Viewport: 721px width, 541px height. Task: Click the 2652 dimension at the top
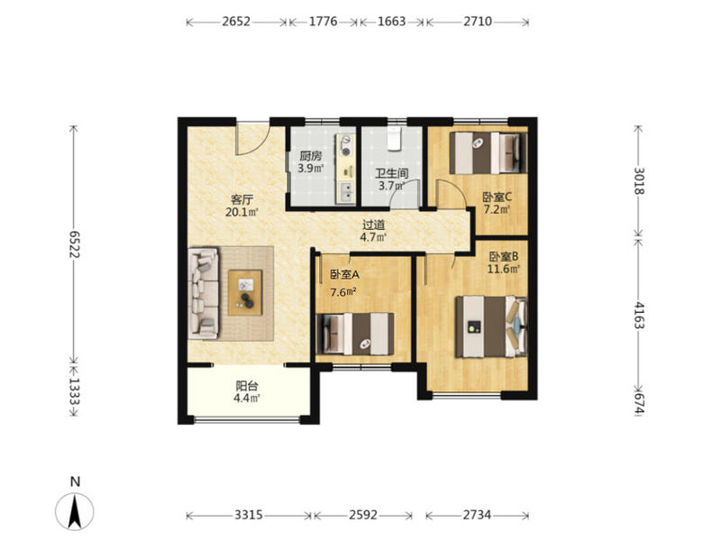pyautogui.click(x=236, y=22)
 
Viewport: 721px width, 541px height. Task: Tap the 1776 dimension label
pyautogui.click(x=323, y=22)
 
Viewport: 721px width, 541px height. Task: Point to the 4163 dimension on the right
pyautogui.click(x=639, y=315)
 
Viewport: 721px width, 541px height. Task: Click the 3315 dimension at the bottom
pyautogui.click(x=249, y=515)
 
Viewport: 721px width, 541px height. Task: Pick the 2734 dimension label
pyautogui.click(x=477, y=515)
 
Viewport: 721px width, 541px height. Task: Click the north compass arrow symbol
pyautogui.click(x=75, y=510)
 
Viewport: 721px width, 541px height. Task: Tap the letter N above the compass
pyautogui.click(x=76, y=481)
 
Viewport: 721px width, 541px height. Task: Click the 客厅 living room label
pyautogui.click(x=242, y=200)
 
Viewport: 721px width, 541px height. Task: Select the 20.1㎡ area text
pyautogui.click(x=242, y=212)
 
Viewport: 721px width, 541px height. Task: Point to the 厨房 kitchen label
pyautogui.click(x=311, y=156)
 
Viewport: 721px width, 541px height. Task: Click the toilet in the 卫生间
pyautogui.click(x=395, y=139)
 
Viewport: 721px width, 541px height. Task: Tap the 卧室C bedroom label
pyautogui.click(x=497, y=197)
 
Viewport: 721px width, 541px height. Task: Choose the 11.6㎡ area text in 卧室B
pyautogui.click(x=504, y=269)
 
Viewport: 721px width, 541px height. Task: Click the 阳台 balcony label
pyautogui.click(x=246, y=386)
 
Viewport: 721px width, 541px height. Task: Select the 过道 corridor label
pyautogui.click(x=373, y=225)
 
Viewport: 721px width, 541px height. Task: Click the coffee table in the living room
pyautogui.click(x=245, y=292)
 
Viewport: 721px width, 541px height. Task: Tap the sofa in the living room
pyautogui.click(x=204, y=294)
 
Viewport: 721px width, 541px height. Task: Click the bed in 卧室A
pyautogui.click(x=355, y=334)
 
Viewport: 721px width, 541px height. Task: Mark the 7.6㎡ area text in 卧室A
pyautogui.click(x=343, y=292)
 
